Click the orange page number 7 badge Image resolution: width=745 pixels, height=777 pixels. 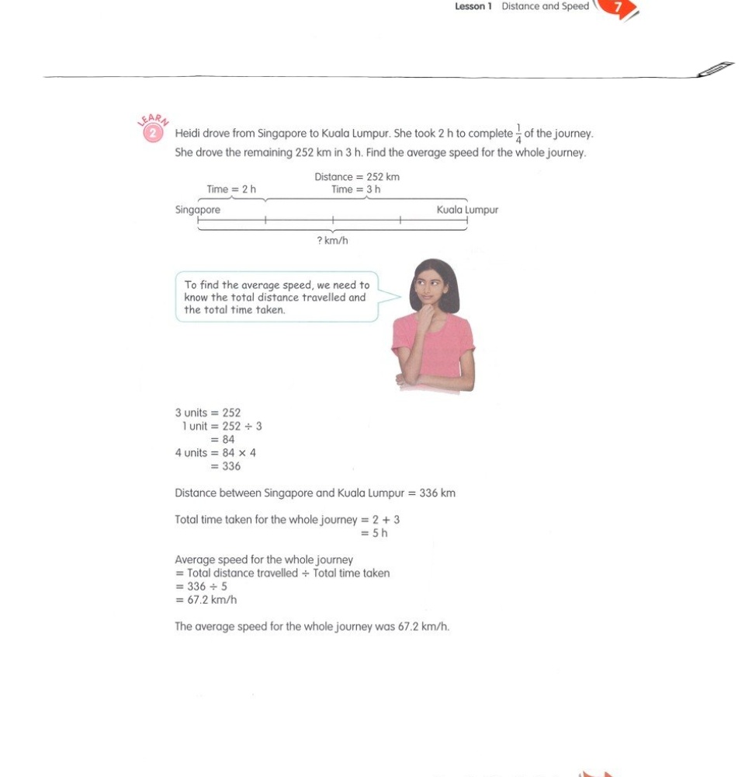point(619,8)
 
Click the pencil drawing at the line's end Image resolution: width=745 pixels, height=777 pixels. point(715,68)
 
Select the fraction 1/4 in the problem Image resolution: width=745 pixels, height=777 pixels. point(518,134)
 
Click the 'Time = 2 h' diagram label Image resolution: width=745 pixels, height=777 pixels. point(231,190)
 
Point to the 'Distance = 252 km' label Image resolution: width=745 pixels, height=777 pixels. point(357,177)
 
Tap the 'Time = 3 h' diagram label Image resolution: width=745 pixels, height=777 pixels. point(355,190)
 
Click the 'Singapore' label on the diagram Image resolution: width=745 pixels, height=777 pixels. point(198,210)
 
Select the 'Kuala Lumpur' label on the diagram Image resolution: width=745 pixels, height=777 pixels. point(467,210)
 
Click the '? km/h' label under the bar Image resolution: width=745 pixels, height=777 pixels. point(332,241)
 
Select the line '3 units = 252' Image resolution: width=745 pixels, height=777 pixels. point(208,413)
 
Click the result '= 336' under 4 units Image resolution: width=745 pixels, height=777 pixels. point(225,466)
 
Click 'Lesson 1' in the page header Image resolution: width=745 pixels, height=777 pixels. point(473,6)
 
